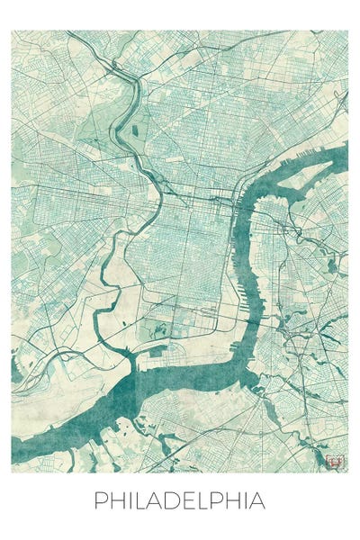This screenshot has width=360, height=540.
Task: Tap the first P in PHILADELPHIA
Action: click(x=100, y=500)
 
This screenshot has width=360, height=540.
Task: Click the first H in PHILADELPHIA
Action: click(x=115, y=500)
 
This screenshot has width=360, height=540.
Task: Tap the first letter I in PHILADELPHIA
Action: click(x=128, y=500)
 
